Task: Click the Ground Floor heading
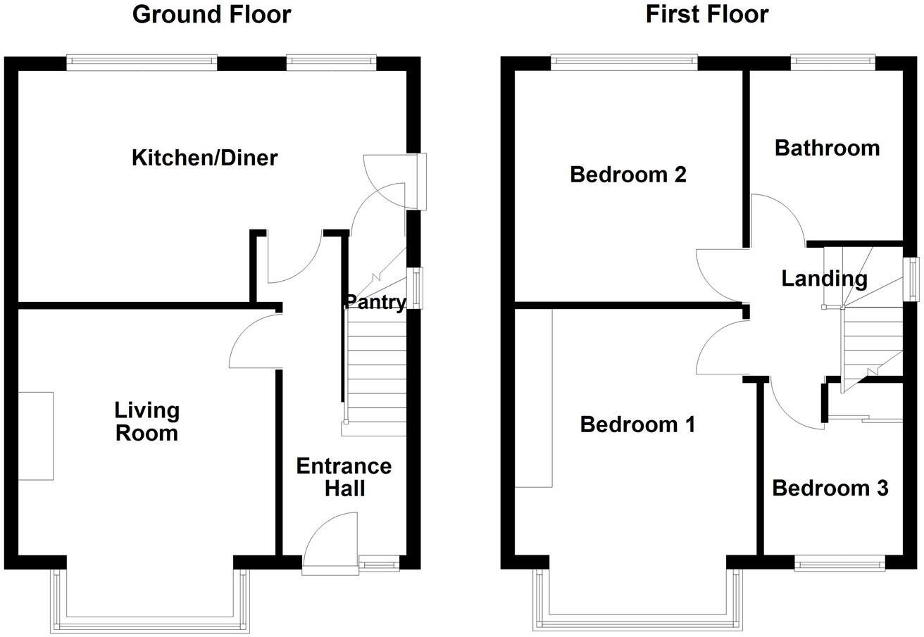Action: [x=211, y=14]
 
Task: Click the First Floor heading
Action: [x=706, y=14]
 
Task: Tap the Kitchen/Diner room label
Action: [x=204, y=158]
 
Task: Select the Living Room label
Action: [x=146, y=421]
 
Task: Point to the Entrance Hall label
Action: [x=344, y=477]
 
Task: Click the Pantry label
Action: [x=375, y=303]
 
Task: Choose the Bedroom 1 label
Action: [x=637, y=424]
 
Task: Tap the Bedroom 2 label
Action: [x=628, y=174]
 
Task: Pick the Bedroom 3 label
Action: [x=830, y=488]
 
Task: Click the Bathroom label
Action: [x=827, y=148]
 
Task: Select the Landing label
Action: [x=824, y=279]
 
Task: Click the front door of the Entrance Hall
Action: [x=331, y=542]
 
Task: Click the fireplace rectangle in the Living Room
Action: [x=35, y=436]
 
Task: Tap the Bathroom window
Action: [x=832, y=62]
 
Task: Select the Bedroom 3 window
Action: [x=839, y=562]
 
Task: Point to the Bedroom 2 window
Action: [x=624, y=62]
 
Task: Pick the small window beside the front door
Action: [x=379, y=562]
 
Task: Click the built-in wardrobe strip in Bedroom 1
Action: [x=533, y=398]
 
